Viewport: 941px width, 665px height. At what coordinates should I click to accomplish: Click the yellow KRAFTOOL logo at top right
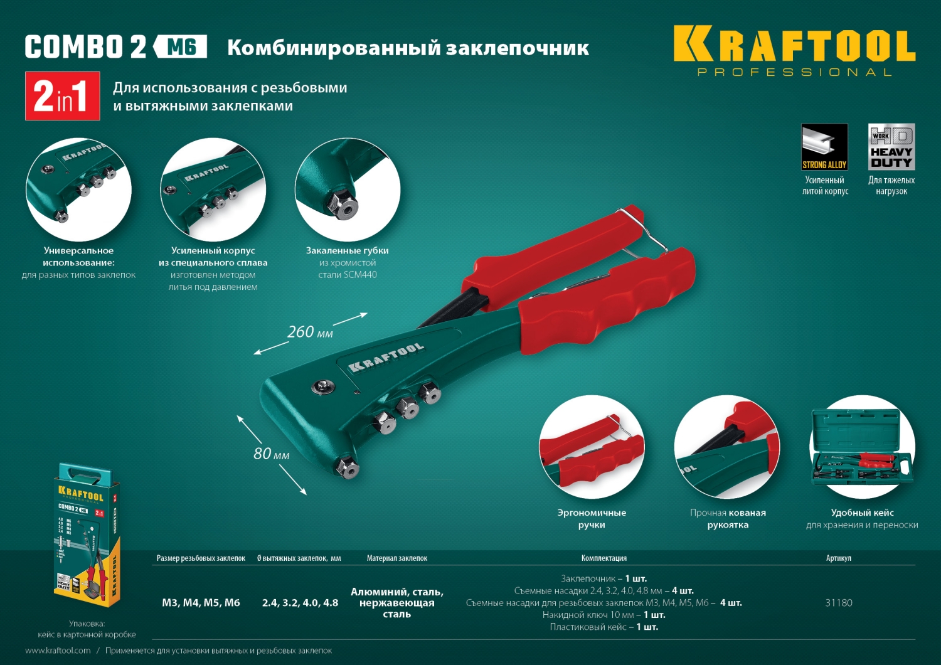794,45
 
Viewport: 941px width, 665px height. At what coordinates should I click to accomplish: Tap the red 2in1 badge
62,96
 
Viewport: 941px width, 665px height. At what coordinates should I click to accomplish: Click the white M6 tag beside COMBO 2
181,46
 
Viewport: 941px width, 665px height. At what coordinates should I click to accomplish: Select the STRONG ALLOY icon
824,147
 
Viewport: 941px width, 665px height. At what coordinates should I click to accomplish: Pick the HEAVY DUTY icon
891,147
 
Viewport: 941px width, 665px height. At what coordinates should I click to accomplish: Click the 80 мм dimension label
271,454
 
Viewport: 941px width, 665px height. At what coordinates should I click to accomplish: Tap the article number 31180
839,603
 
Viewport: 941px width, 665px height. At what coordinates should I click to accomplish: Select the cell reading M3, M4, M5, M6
201,603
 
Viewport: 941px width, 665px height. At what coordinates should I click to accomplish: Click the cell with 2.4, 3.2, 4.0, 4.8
300,603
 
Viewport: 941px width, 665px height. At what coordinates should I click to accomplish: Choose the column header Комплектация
603,558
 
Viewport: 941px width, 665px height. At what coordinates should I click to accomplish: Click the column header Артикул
839,558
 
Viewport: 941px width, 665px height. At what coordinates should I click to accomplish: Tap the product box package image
85,536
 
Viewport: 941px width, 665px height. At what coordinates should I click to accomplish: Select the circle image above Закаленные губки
348,189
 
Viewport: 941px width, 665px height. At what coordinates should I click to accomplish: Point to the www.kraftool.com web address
58,651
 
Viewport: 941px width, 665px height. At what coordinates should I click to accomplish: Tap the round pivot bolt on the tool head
322,387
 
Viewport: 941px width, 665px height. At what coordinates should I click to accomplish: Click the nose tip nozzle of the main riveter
347,468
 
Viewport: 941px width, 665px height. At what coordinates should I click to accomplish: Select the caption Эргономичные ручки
592,519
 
